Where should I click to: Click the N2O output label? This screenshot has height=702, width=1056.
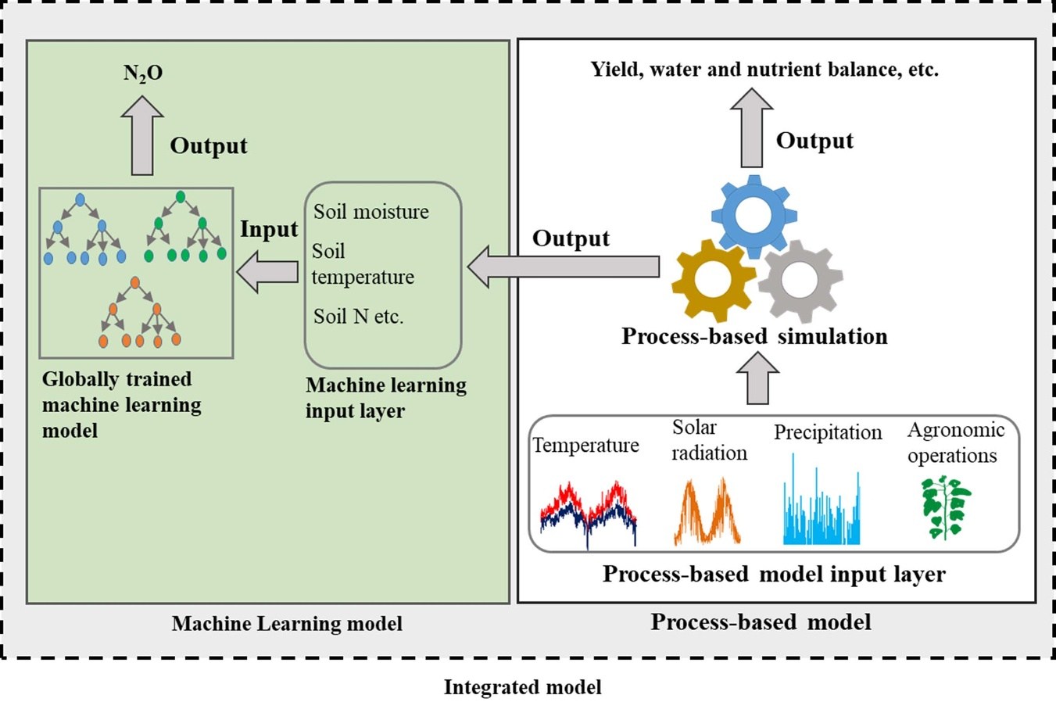(143, 73)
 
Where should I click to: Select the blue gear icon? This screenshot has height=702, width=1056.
(754, 215)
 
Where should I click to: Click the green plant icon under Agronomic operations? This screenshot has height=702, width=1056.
(945, 507)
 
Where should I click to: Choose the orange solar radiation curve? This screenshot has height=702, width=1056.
(707, 513)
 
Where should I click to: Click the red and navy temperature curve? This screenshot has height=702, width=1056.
(589, 513)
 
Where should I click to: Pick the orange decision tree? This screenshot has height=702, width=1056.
(140, 311)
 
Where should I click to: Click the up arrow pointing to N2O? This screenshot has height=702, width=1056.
(142, 134)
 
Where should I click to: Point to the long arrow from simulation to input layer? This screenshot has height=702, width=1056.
(563, 267)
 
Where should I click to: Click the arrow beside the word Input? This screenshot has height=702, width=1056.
(267, 272)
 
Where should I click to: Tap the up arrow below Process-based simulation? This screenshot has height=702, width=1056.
(757, 378)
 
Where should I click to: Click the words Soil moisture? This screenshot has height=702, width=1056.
(371, 212)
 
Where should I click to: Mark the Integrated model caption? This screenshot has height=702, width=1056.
(522, 687)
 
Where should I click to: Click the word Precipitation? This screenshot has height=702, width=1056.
(828, 432)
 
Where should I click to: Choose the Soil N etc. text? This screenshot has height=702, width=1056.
(358, 317)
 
